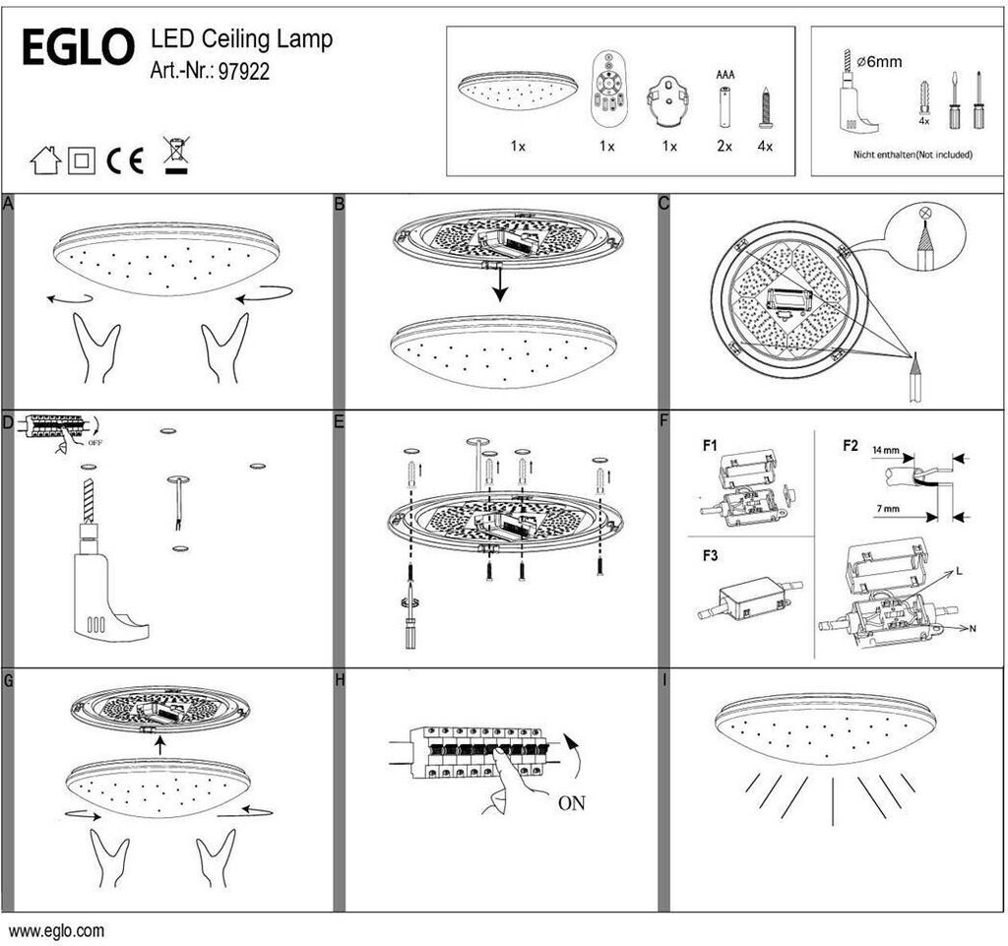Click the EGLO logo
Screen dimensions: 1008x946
coord(78,47)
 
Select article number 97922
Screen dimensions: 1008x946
coord(244,71)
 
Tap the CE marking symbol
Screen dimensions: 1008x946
coord(125,160)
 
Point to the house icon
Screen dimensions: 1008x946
coord(45,160)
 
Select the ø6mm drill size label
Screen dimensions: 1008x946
coord(880,62)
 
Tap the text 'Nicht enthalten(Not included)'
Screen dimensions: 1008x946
coord(913,155)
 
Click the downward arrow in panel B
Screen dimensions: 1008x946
coord(499,284)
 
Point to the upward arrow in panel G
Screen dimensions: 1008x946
coord(160,745)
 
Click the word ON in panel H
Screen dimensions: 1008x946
coord(572,802)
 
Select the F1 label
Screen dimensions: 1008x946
coord(710,445)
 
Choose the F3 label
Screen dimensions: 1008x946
coord(711,555)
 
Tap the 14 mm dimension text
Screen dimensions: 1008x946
coord(885,450)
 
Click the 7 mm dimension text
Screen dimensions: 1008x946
coord(888,509)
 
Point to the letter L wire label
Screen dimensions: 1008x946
coord(959,571)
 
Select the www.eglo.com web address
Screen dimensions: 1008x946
coord(56,930)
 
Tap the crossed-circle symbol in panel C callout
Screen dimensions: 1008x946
coord(925,212)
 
